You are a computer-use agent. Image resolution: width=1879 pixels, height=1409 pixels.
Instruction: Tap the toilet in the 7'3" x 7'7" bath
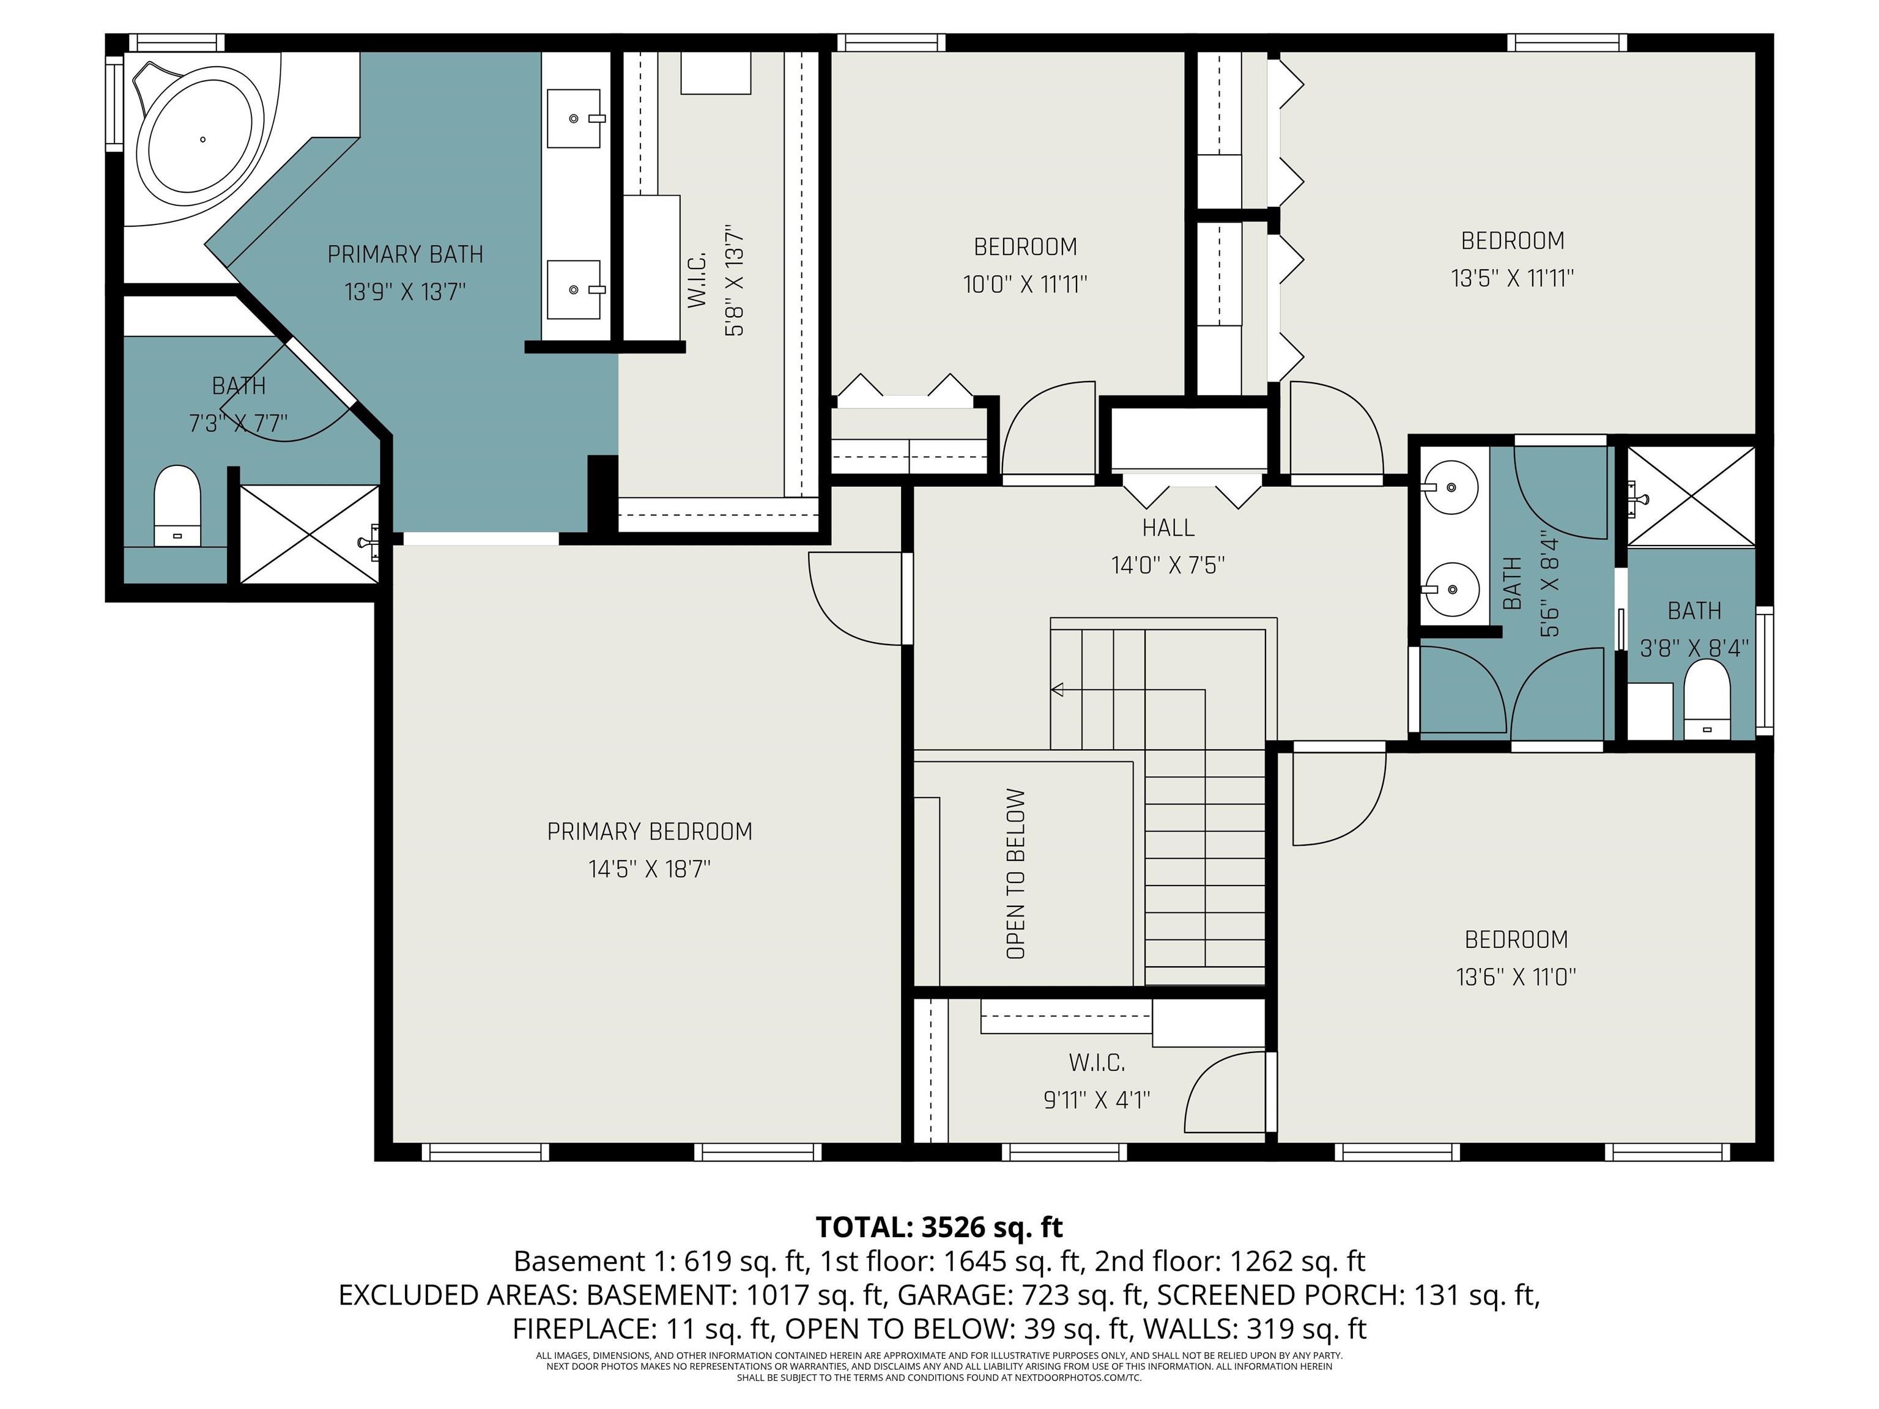click(x=177, y=505)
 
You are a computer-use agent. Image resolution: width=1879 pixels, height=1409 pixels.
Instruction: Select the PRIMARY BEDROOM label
click(x=649, y=832)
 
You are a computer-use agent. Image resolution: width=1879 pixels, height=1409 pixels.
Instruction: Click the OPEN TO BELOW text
click(x=1016, y=874)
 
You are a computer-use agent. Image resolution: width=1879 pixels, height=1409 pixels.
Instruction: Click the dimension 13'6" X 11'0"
click(x=1516, y=977)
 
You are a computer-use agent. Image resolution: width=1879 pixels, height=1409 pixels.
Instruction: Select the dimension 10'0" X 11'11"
click(x=1025, y=284)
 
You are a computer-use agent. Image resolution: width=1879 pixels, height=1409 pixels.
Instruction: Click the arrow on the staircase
click(x=1058, y=690)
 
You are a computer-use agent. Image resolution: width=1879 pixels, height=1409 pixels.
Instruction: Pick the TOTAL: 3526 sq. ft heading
click(x=939, y=1226)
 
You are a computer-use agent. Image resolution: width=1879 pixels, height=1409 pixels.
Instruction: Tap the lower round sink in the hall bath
click(x=1450, y=588)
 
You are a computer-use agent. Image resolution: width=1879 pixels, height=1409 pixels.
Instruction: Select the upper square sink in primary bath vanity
click(x=573, y=119)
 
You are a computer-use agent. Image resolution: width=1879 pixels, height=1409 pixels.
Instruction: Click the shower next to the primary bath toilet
click(x=309, y=533)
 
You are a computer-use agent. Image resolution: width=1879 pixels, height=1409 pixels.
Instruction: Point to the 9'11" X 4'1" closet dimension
click(x=1096, y=1100)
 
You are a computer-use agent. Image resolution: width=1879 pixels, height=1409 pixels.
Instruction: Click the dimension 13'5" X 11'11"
click(x=1512, y=278)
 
